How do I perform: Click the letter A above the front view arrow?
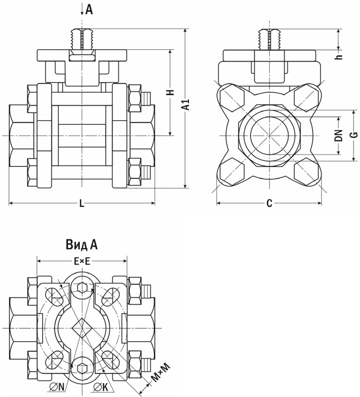(x=89, y=9)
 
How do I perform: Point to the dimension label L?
(x=82, y=204)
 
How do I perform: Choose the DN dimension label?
(x=338, y=136)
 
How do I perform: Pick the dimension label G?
(x=353, y=136)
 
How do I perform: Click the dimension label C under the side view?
(x=269, y=204)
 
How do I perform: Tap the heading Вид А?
(x=82, y=244)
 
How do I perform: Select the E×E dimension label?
(x=82, y=261)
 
